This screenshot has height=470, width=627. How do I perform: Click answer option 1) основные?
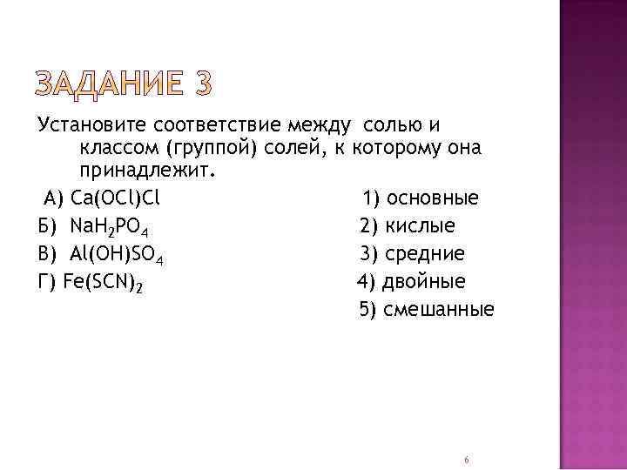click(x=421, y=199)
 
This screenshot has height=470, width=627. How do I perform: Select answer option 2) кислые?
click(x=408, y=227)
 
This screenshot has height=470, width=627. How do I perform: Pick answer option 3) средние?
click(x=413, y=254)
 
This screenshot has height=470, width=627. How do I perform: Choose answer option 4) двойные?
click(x=411, y=282)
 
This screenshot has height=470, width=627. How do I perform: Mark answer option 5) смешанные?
click(x=427, y=309)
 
